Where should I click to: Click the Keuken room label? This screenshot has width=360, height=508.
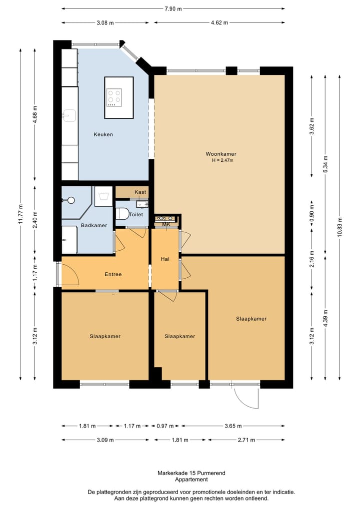[103, 134]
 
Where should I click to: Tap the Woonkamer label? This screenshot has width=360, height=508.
[221, 154]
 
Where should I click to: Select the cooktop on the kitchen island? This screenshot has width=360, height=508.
[114, 97]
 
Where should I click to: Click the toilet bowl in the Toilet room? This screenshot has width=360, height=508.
[121, 213]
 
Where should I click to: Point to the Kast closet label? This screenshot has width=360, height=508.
[140, 192]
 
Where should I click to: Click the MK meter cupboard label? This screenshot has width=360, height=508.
[166, 224]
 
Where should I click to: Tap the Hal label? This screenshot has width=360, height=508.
[165, 259]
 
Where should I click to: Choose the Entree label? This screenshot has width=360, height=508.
[113, 274]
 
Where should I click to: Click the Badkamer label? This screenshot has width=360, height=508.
[93, 225]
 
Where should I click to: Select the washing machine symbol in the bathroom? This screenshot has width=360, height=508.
[103, 196]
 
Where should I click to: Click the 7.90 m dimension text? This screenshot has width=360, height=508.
[173, 9]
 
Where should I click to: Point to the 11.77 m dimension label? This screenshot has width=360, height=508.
[21, 214]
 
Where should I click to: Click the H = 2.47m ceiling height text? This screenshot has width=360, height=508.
[223, 160]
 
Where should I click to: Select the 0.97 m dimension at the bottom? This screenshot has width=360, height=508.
[165, 426]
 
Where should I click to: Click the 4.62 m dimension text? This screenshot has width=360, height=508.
[219, 22]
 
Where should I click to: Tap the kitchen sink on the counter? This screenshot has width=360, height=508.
[69, 115]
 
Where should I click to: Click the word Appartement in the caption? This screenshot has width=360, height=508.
[191, 480]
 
